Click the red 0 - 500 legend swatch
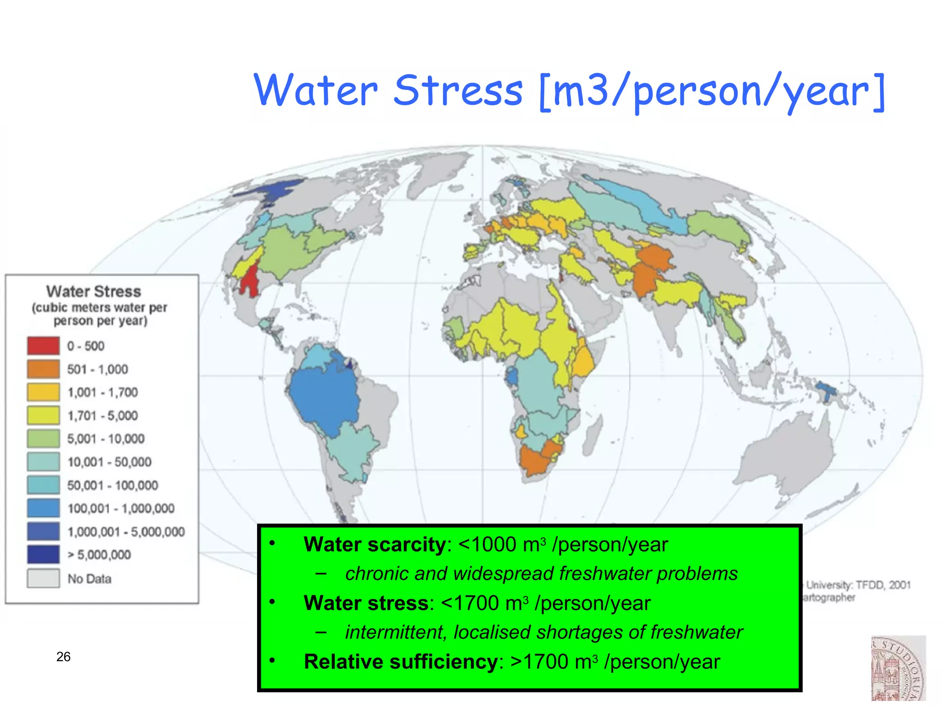coord(43,346)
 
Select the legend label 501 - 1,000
coord(98,369)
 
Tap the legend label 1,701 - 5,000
coord(103,416)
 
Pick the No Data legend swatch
coord(43,578)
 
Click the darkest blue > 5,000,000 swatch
coord(43,554)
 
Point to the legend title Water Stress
coord(93,291)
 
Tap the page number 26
coord(63,656)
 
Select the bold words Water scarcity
coord(374,545)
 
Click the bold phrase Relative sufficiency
coord(401,662)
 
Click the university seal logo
coord(898,669)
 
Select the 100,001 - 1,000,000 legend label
coord(121,508)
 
